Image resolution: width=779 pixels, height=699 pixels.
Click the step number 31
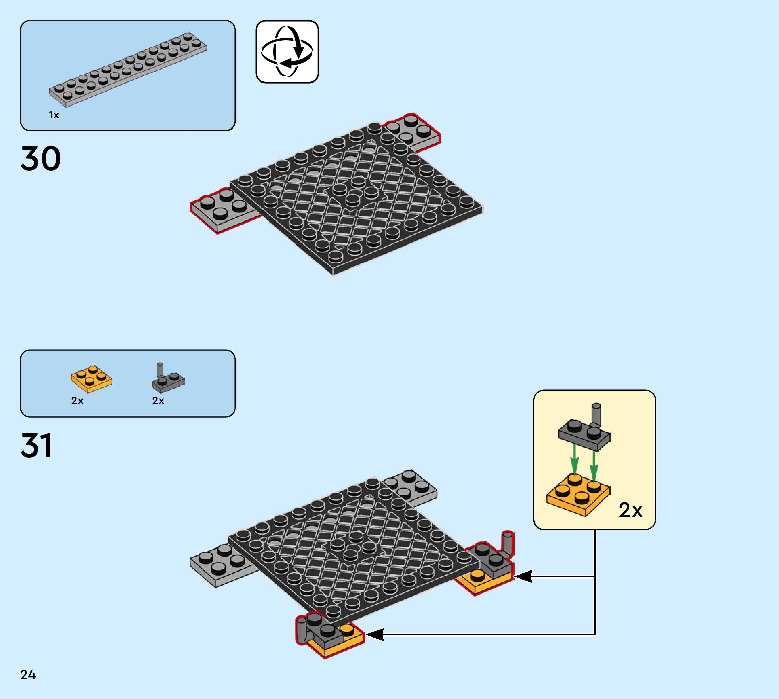coord(36,445)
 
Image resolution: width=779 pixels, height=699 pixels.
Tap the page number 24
coord(28,674)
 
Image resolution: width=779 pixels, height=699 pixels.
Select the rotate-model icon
coord(287,51)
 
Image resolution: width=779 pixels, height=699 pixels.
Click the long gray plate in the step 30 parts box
coord(128,70)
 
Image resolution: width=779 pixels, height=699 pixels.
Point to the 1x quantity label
coord(54,115)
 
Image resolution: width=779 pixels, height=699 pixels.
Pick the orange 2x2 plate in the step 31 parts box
coord(91,379)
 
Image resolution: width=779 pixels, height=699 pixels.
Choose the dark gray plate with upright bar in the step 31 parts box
coord(167,380)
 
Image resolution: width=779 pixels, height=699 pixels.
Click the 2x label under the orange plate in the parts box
coord(77,401)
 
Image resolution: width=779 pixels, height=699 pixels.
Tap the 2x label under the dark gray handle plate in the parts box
coord(158,401)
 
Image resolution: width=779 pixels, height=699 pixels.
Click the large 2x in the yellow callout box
coord(631,510)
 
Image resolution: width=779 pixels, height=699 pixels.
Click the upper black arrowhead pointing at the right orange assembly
coord(523,576)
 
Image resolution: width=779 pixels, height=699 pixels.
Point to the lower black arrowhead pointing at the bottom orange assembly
coord(375,634)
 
